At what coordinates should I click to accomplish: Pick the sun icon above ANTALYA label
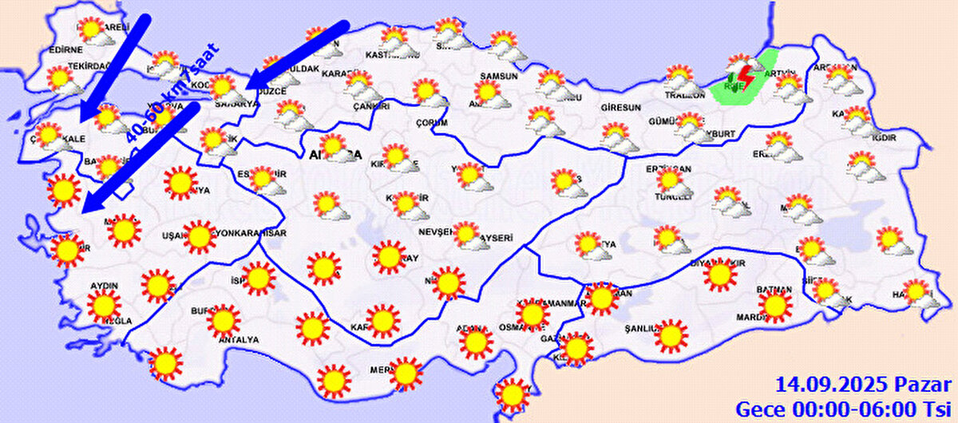click(224, 320)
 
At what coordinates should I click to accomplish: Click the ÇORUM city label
click(432, 122)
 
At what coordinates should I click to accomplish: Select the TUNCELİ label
click(670, 197)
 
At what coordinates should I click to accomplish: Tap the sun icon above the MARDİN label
click(774, 305)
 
